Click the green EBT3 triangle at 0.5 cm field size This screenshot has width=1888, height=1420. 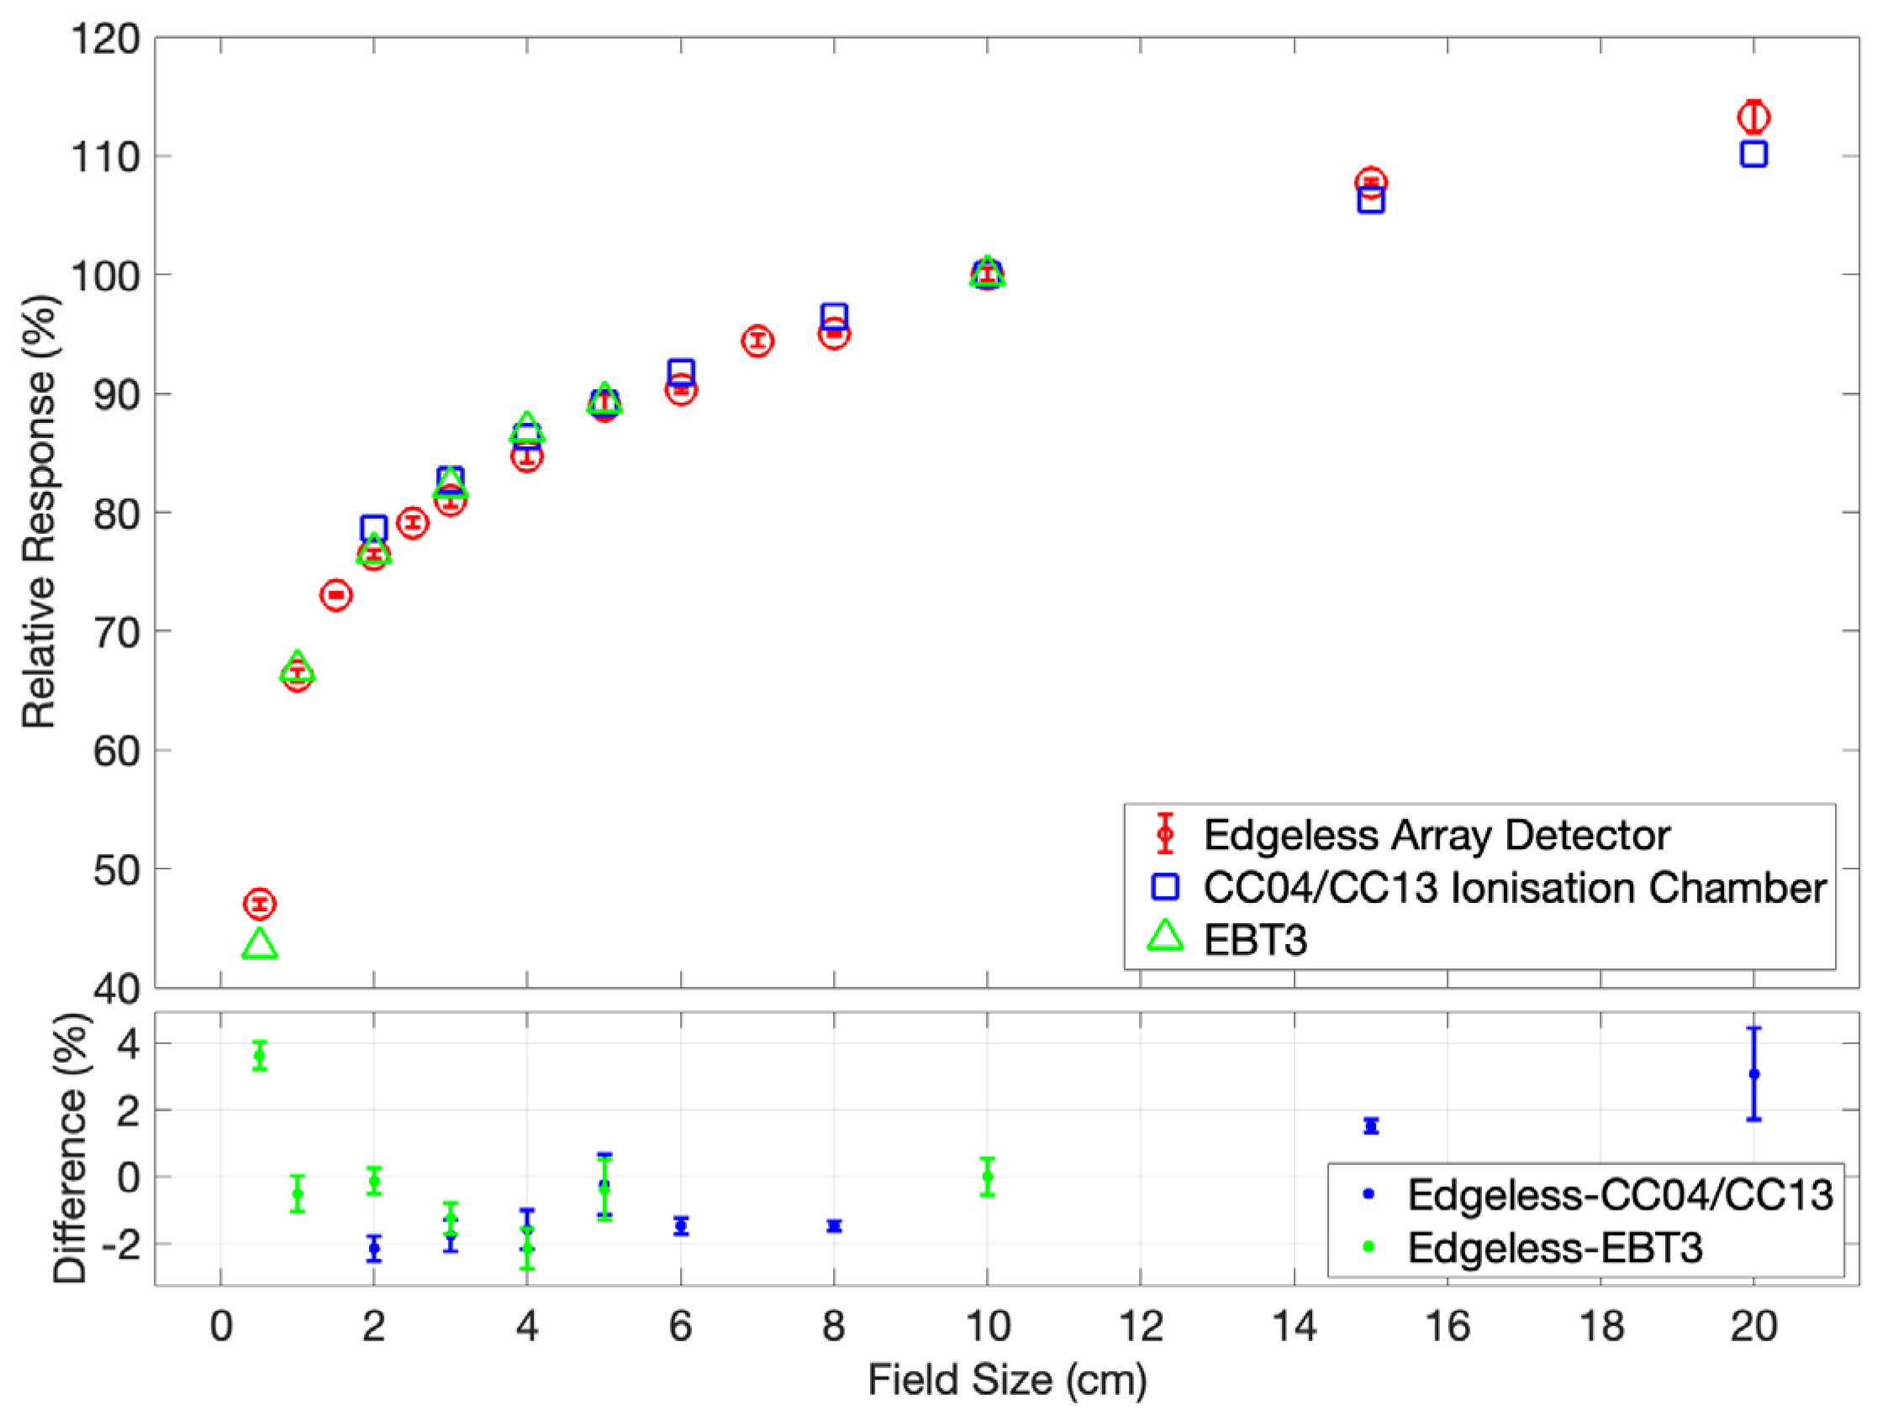[260, 945]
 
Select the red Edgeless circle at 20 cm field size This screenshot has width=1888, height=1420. [1754, 117]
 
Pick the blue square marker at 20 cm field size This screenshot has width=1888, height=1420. [1754, 154]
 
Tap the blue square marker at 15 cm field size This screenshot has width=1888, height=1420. [1371, 201]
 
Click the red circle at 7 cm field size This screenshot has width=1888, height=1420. [757, 340]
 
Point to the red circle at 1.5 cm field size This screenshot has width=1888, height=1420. [336, 594]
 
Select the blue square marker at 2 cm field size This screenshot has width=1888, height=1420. [373, 528]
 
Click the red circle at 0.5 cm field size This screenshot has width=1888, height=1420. [260, 904]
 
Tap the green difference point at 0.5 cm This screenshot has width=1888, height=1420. [260, 1056]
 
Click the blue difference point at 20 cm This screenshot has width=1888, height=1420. [1754, 1074]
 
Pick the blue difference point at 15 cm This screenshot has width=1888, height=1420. [1371, 1127]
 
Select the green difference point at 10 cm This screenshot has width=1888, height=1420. [988, 1177]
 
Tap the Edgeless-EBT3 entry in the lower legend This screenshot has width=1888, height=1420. [1554, 1248]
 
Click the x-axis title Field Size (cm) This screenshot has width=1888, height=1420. [1006, 1380]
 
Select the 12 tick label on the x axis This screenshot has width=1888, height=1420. [1141, 1326]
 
